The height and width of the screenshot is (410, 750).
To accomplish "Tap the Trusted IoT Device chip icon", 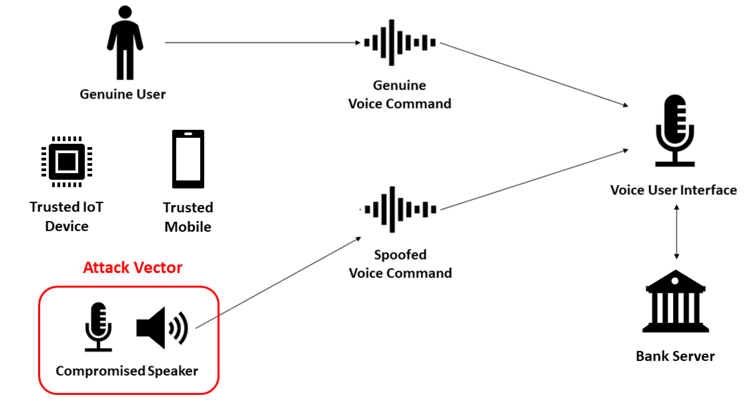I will point(67,161).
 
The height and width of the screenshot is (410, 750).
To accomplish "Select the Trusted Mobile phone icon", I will point(188,159).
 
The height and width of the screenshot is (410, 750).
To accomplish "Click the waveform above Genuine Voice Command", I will point(399,42).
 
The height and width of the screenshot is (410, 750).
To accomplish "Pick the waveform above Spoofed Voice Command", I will point(400,209).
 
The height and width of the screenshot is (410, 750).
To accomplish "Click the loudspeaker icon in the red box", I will point(162,328).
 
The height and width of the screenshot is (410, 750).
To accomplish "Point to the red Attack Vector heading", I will point(133,267).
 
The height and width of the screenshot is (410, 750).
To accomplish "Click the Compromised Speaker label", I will point(127,371).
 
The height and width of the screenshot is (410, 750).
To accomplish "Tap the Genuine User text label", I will point(123,94).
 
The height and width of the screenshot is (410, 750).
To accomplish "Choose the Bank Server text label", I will point(675,356).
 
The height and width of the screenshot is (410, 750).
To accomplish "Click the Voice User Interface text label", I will point(673,190).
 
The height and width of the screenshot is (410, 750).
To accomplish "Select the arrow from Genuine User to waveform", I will point(262,42).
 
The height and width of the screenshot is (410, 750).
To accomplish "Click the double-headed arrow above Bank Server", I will point(677,232).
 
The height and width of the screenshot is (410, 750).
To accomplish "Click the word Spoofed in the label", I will point(400,255).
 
